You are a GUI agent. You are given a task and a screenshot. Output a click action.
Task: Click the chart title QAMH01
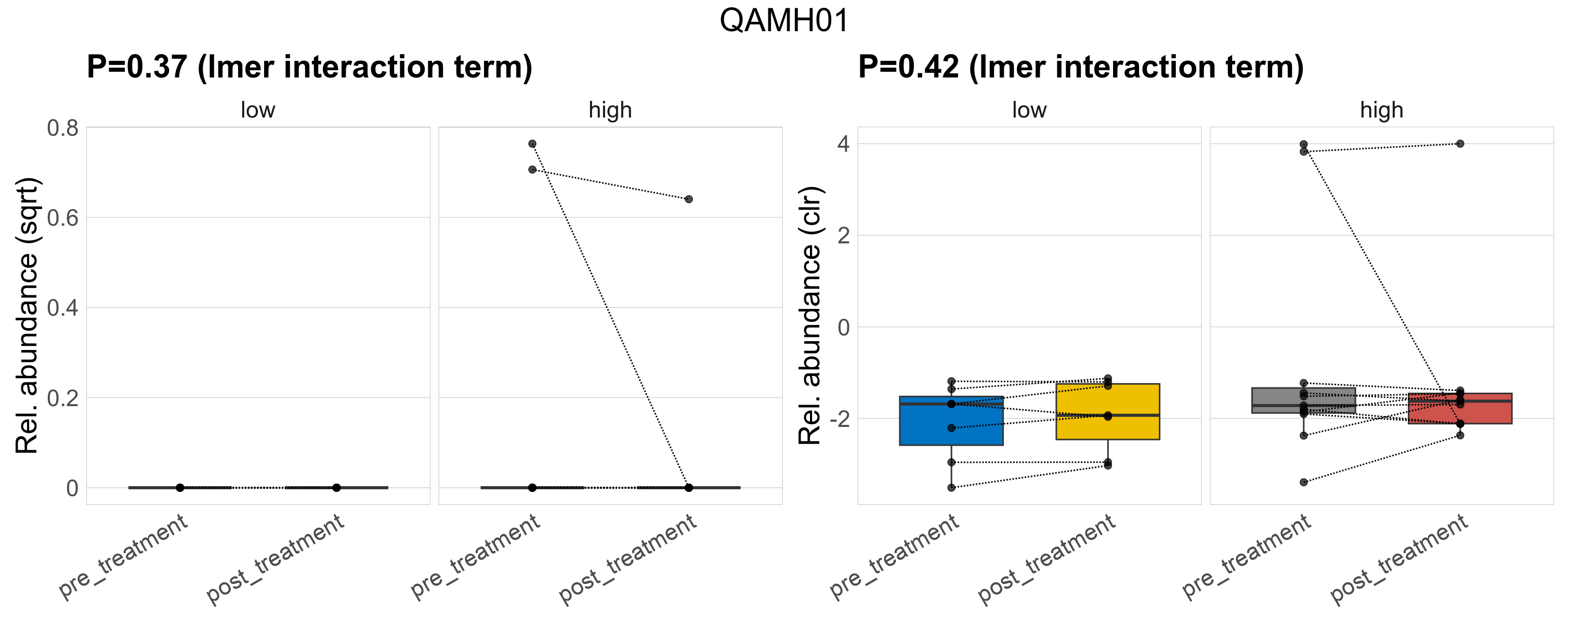point(784,21)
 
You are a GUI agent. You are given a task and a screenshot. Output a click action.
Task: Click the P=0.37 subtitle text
point(309,67)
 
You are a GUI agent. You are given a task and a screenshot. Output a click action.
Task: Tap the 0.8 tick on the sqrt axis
point(63,128)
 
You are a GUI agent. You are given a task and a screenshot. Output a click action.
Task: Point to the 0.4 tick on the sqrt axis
point(63,308)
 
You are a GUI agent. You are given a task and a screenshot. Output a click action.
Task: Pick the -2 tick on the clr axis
point(839,419)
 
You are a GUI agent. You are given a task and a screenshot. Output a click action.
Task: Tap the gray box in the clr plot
point(1304,397)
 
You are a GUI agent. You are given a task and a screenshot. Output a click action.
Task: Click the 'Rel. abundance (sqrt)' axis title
point(27,315)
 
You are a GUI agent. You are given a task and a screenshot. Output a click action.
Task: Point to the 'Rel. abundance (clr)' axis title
point(810,315)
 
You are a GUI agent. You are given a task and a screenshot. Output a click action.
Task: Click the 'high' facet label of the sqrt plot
point(610,110)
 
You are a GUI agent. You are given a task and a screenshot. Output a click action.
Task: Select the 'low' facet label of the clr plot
point(1029,110)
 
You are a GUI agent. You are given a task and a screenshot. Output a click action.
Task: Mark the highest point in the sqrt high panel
point(532,144)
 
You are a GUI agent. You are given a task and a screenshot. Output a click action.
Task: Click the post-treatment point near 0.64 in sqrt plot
point(688,199)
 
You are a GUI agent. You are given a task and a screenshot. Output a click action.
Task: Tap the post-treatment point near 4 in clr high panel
point(1460,144)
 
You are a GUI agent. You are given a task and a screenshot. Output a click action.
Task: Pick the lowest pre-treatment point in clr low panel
point(951,488)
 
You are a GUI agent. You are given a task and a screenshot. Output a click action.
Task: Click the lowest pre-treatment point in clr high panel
point(1304,482)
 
